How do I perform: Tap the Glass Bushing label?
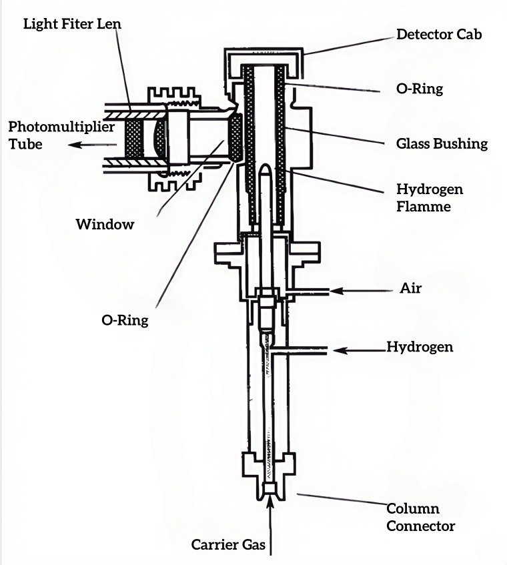click(x=442, y=143)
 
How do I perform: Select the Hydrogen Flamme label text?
click(x=430, y=198)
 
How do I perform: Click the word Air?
click(x=410, y=289)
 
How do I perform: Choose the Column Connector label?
click(x=421, y=517)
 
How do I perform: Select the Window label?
click(x=105, y=224)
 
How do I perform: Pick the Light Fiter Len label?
click(x=67, y=25)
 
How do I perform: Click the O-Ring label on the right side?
click(x=420, y=88)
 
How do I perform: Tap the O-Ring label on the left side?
click(x=125, y=320)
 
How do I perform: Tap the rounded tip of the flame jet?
click(x=266, y=170)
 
